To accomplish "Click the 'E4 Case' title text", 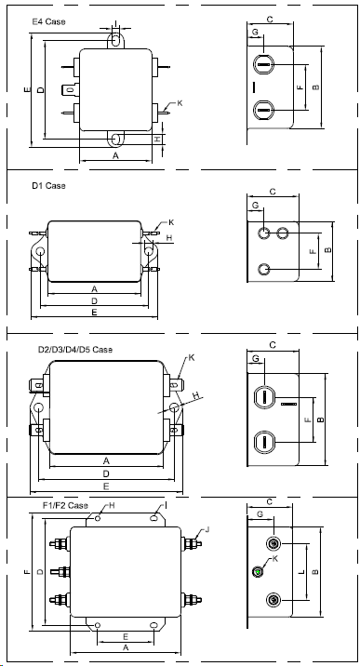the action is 48,21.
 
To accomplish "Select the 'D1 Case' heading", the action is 48,186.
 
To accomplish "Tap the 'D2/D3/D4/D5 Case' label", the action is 75,350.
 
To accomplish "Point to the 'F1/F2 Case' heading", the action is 65,505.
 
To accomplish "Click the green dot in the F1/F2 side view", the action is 258,572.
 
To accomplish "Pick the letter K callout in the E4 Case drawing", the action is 180,103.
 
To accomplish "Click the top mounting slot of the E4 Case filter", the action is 115,40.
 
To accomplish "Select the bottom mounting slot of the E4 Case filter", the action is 115,139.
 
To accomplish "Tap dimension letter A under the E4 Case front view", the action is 115,156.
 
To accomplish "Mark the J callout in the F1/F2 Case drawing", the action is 207,529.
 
